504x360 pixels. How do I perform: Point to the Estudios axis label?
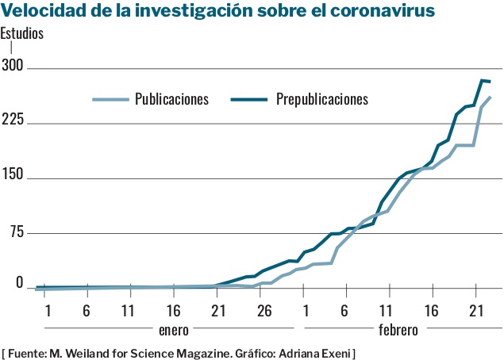tap(22, 34)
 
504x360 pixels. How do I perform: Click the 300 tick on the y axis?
tap(13, 68)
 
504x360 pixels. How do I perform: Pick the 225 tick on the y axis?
tap(13, 123)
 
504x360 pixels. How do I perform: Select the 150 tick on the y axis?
tap(13, 178)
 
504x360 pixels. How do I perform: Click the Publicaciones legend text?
tap(171, 99)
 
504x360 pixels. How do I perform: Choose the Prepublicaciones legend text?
tap(322, 99)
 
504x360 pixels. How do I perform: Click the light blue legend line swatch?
tap(110, 100)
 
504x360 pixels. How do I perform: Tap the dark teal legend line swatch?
tap(248, 100)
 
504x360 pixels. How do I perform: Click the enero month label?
tap(174, 327)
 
